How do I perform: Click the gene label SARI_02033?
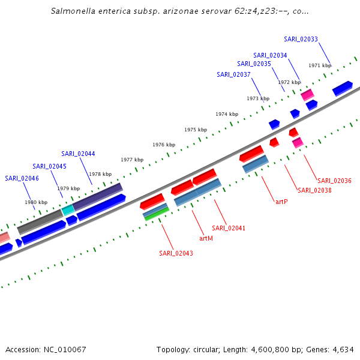[x=301, y=39]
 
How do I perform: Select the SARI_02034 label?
[x=270, y=55]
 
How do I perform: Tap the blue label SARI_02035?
[x=254, y=64]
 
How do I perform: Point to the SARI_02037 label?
[x=233, y=74]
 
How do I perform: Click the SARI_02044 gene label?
[x=78, y=154]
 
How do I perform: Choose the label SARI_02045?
[x=49, y=166]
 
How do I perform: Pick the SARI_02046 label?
[x=22, y=178]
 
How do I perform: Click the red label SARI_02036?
[x=334, y=181]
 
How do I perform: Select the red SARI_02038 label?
[x=314, y=190]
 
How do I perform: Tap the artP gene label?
[x=281, y=202]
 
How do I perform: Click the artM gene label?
[x=206, y=238]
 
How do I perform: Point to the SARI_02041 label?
[x=229, y=228]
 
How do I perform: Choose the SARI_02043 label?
[x=176, y=253]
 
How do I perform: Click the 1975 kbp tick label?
[x=196, y=130]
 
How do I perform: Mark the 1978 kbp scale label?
[x=100, y=174]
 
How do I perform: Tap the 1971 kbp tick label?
[x=320, y=65]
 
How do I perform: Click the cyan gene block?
[x=68, y=210]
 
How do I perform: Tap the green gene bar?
[x=157, y=213]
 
